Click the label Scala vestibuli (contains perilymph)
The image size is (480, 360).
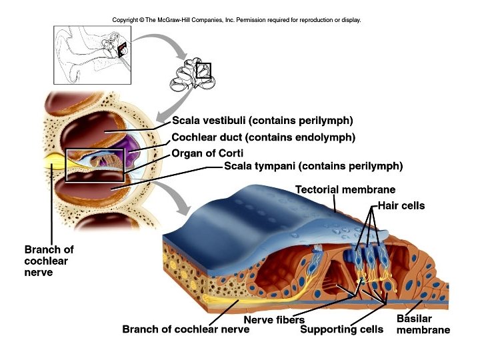pos(262,121)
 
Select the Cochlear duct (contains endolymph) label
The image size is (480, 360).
pos(263,138)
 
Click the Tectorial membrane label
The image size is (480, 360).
pos(345,190)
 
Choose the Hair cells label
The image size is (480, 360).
pos(401,206)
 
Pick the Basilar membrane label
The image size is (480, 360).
pos(423,324)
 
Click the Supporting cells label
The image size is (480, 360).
pos(341,329)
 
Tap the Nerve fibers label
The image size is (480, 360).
pos(269,320)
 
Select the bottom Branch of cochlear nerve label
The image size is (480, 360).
pos(181,329)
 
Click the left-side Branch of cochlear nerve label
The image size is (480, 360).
pos(49,261)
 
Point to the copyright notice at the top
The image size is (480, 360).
pos(237,20)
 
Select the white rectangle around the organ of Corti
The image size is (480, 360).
pos(95,165)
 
